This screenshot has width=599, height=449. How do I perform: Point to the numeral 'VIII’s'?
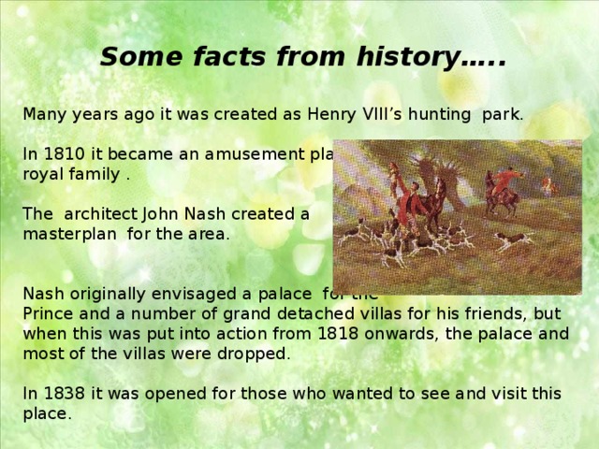363,115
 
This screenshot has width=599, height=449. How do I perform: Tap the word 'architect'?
101,213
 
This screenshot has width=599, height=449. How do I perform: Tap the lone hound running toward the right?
513,239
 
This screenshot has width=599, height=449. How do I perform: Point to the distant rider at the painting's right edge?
549,186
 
